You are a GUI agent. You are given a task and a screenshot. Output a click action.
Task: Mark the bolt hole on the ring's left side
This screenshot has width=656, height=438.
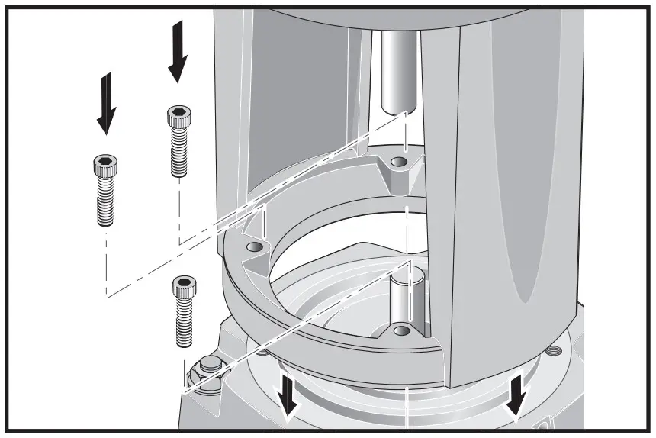point(254,249)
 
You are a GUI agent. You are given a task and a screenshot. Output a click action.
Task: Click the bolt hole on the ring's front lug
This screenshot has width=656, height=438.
point(400,330)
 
